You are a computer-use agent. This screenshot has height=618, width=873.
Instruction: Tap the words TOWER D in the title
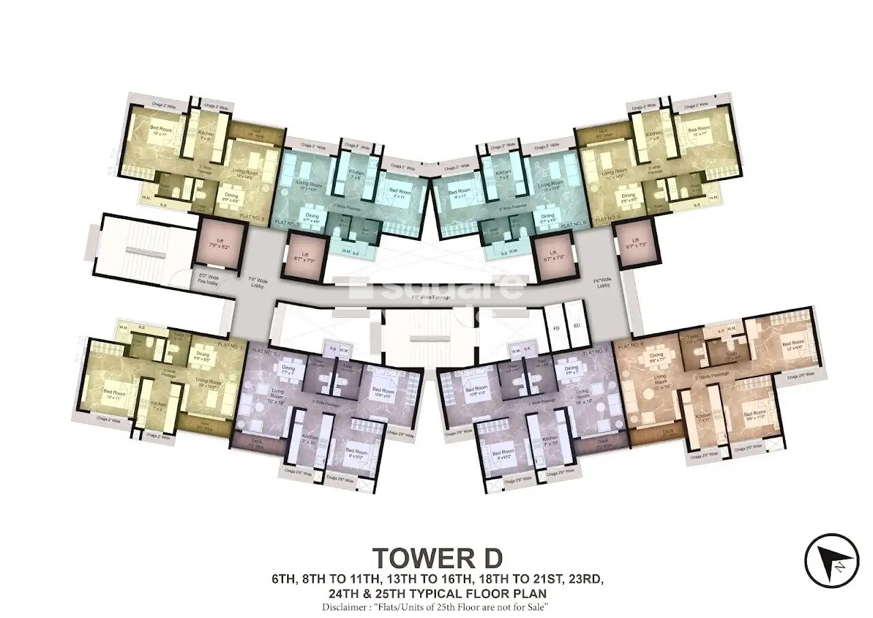[436, 558]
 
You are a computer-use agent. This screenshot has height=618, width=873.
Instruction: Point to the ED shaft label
[576, 326]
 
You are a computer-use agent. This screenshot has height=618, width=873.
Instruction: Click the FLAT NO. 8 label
[255, 219]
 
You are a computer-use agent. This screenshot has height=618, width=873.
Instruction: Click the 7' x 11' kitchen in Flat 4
[704, 416]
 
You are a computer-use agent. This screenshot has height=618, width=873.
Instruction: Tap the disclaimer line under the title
[436, 606]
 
